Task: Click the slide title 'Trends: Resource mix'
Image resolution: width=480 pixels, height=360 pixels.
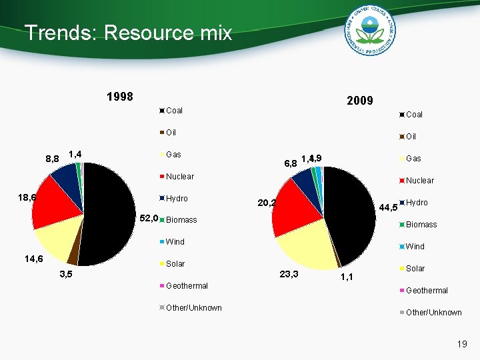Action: click(128, 33)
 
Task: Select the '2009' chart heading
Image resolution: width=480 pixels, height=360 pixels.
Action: click(359, 101)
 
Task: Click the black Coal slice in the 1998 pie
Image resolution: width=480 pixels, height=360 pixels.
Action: click(107, 213)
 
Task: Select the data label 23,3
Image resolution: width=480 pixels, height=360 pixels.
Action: click(289, 274)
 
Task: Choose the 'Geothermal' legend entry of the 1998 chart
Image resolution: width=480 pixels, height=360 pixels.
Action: click(187, 285)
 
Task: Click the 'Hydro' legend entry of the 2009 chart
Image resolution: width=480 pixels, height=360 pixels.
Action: click(417, 202)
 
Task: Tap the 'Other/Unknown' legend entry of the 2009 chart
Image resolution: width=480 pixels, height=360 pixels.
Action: click(433, 312)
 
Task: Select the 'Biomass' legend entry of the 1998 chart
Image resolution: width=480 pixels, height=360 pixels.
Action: click(181, 219)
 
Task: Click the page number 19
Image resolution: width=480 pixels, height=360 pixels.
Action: click(461, 344)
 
